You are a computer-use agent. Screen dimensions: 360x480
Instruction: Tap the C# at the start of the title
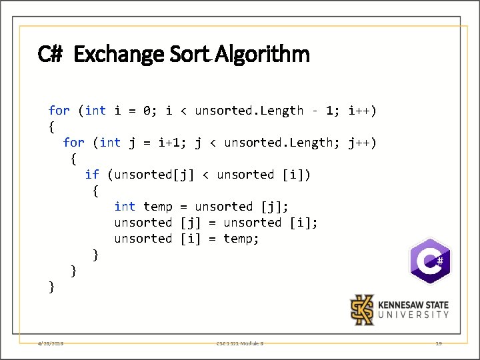tap(50, 54)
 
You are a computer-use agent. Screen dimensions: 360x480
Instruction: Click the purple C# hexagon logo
tap(430, 261)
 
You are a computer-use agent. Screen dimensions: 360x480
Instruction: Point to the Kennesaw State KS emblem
tap(363, 310)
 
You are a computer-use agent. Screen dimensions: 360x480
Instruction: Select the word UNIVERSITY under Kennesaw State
tap(413, 315)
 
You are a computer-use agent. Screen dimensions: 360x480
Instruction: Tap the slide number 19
tap(438, 343)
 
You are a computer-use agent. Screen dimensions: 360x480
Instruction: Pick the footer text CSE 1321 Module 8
tap(240, 343)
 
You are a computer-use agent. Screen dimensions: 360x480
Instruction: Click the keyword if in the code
tap(92, 175)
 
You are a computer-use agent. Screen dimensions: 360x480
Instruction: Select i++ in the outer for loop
tap(362, 111)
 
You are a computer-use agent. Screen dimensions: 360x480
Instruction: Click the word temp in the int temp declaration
tap(157, 207)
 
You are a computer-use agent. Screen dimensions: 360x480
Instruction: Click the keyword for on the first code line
tap(59, 111)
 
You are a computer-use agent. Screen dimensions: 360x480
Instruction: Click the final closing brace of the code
tap(52, 287)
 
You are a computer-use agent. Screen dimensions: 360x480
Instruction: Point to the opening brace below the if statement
tap(96, 191)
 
